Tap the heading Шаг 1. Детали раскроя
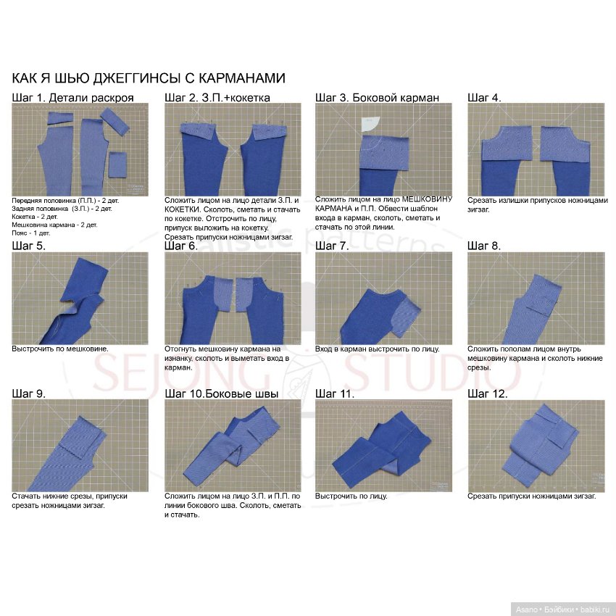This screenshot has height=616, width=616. [72, 97]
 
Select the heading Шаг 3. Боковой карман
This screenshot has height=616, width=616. [377, 97]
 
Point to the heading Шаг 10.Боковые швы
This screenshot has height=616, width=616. [221, 394]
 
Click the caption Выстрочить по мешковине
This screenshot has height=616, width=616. [60, 349]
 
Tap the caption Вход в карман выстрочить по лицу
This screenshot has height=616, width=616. [377, 349]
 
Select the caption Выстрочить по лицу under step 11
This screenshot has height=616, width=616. [351, 496]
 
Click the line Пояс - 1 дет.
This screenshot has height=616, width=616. [31, 233]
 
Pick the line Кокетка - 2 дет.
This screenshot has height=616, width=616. [35, 217]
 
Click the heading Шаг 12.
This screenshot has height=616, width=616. [487, 394]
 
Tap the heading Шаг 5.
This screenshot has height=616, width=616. [29, 246]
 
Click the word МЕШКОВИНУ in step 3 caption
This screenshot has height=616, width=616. [427, 199]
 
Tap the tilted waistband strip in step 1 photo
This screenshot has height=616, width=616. [115, 122]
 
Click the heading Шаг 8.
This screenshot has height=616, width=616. [484, 246]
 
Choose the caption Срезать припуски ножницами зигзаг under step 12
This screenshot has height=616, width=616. [531, 496]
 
